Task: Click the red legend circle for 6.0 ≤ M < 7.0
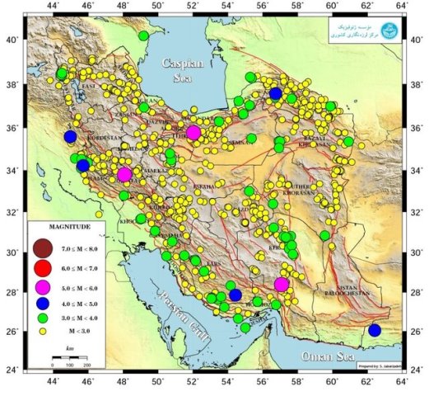(44, 268)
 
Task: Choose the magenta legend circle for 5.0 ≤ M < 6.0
(44, 287)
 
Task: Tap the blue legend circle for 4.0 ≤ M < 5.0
(44, 304)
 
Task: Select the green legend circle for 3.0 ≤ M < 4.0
(44, 318)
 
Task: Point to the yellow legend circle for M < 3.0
(44, 330)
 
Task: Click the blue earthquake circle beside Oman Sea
(375, 330)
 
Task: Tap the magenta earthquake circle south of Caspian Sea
(194, 132)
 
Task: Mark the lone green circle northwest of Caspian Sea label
(144, 35)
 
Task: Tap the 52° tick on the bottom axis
(194, 382)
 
